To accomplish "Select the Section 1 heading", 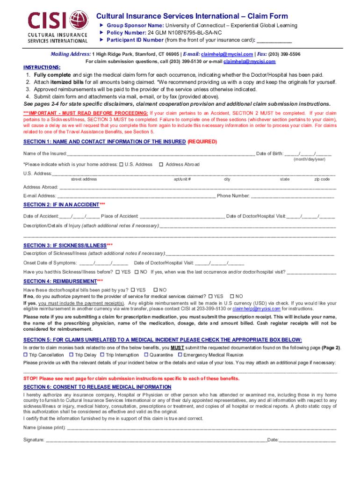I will pyautogui.click(x=105, y=141).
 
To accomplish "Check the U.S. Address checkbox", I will pyautogui.click(x=121, y=164).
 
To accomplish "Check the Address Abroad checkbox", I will pyautogui.click(x=161, y=164).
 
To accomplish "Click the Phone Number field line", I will pyautogui.click(x=292, y=196).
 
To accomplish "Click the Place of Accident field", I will pyautogui.click(x=182, y=216).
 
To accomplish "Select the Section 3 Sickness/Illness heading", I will pyautogui.click(x=65, y=245).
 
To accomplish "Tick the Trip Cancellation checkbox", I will pyautogui.click(x=26, y=355).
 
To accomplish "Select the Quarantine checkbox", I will pyautogui.click(x=146, y=355).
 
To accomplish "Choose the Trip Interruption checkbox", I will pyautogui.click(x=102, y=355).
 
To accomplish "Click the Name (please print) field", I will pyautogui.click(x=202, y=428).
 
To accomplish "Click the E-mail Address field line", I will pyautogui.click(x=136, y=196).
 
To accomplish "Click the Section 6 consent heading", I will pyautogui.click(x=97, y=387).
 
